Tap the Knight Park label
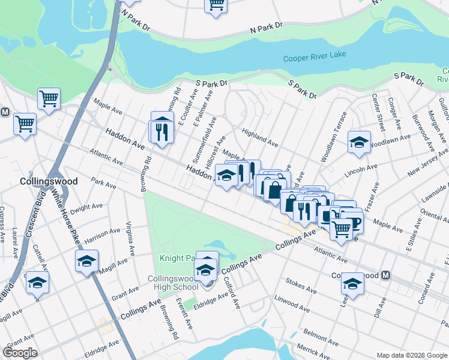click(178, 258)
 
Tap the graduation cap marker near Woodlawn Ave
click(359, 143)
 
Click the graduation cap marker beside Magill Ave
click(86, 261)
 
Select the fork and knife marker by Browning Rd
click(161, 131)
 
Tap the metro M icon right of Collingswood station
click(387, 275)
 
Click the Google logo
click(20, 352)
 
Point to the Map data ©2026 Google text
click(412, 355)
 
